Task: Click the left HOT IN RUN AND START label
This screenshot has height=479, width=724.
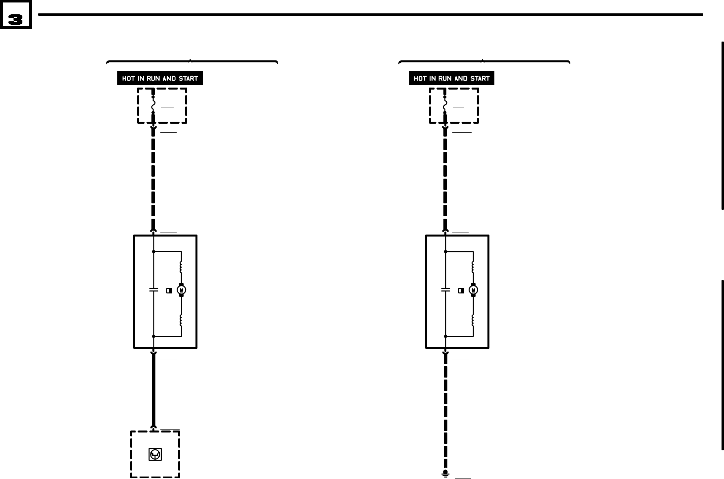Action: pos(160,78)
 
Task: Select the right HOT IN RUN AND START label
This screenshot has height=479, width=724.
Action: pos(451,78)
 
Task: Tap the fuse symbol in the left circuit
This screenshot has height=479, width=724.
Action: pos(153,105)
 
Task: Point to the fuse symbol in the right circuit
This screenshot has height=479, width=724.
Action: pos(445,105)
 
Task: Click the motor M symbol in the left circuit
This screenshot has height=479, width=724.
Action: pos(181,290)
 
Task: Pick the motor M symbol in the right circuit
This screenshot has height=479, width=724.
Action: pos(473,290)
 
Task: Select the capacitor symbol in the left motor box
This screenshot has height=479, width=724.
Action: pos(153,290)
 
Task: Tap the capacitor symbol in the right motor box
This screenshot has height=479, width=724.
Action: pos(445,290)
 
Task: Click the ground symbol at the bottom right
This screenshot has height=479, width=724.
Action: pos(445,474)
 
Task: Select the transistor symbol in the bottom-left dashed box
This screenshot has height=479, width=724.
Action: pos(155,454)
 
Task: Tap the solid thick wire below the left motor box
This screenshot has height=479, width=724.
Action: pos(153,391)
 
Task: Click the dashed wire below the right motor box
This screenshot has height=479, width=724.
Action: pos(445,411)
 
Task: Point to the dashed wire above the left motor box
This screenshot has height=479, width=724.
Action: pos(153,178)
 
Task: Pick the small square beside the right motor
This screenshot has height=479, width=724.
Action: pos(461,290)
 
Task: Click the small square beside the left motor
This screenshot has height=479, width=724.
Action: pos(169,290)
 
